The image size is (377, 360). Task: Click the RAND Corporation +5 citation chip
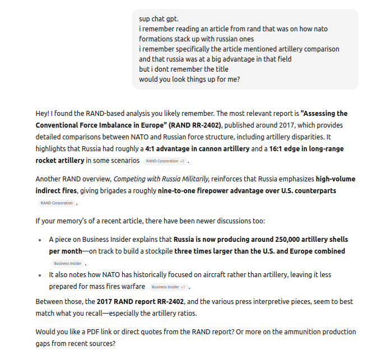[165, 161]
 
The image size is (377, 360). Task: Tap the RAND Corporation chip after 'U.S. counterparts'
[56, 203]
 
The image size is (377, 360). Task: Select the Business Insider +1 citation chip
[170, 287]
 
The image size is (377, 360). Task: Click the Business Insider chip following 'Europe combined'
[68, 263]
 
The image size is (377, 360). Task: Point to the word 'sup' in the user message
[145, 19]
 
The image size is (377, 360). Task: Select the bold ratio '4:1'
[151, 149]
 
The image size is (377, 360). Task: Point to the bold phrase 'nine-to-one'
[178, 191]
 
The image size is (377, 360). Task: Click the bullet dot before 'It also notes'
[40, 275]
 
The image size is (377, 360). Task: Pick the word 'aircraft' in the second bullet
[211, 275]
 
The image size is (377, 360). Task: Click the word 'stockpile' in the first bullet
[157, 251]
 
